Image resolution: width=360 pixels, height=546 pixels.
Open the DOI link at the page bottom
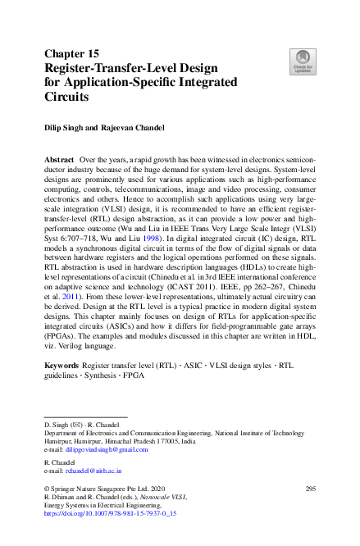pos(108,513)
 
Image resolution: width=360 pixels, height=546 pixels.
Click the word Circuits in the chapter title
pos(68,97)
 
